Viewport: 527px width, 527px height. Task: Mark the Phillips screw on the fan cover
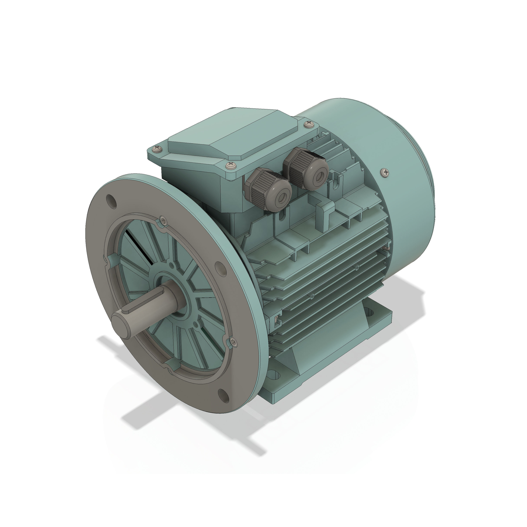[x=385, y=172]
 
